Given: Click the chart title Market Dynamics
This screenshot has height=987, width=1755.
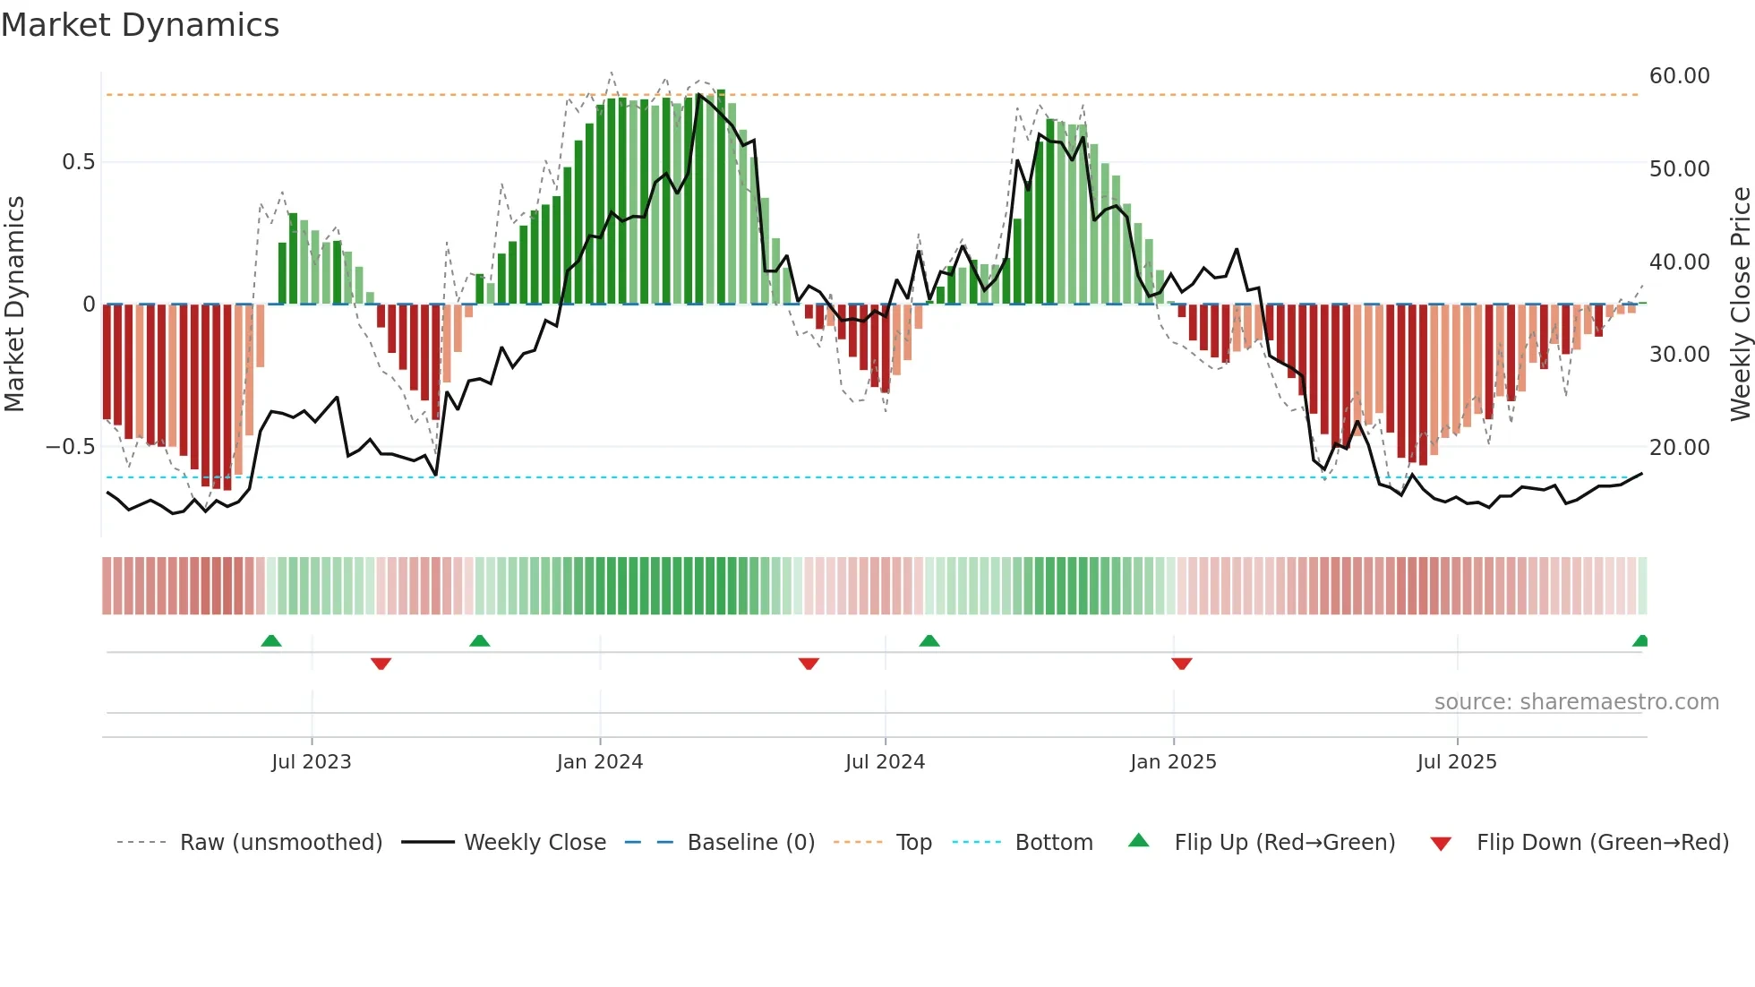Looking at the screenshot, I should coord(140,25).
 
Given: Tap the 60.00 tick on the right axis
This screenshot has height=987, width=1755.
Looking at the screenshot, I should coord(1679,76).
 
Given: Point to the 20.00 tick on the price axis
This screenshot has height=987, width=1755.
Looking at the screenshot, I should coord(1679,447).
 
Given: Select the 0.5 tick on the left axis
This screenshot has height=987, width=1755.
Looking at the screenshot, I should coord(78,162).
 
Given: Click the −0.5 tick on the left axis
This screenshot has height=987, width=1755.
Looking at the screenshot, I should coord(71,447).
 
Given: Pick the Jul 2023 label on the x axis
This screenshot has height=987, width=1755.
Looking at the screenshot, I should coord(311,762).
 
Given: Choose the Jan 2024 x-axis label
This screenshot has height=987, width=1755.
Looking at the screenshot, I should coord(599,762).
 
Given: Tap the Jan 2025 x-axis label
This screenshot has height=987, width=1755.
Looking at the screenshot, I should coord(1173,762).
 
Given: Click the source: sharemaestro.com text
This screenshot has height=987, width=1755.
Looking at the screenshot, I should coord(1576,702).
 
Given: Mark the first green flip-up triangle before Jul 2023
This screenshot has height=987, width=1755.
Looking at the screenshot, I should coord(271,640).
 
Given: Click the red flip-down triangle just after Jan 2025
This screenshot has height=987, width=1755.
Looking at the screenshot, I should coord(1181,664).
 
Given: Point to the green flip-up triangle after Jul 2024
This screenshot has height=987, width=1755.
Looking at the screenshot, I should coord(929,640).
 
